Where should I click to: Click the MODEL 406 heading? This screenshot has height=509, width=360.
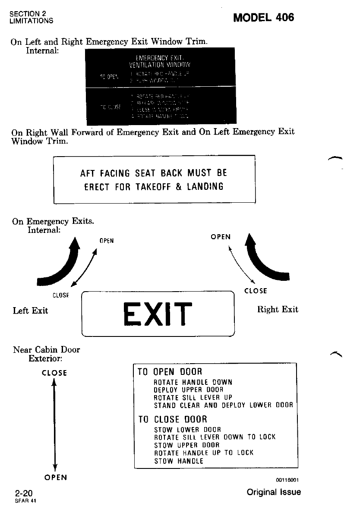[263, 17]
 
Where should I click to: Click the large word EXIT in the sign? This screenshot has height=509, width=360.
[157, 314]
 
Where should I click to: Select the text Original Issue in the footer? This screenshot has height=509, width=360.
[274, 492]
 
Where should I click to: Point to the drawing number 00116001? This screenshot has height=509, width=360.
[288, 480]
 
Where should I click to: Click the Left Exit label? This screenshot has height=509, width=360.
[30, 311]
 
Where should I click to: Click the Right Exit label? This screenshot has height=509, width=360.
[278, 309]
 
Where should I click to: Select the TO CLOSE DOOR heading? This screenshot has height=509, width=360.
[172, 419]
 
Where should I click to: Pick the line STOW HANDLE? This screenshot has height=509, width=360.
[178, 461]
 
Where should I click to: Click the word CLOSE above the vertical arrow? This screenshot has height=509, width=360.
[54, 373]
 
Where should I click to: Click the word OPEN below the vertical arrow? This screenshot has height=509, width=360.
[56, 478]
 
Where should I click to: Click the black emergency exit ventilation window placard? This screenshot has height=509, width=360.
[160, 86]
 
